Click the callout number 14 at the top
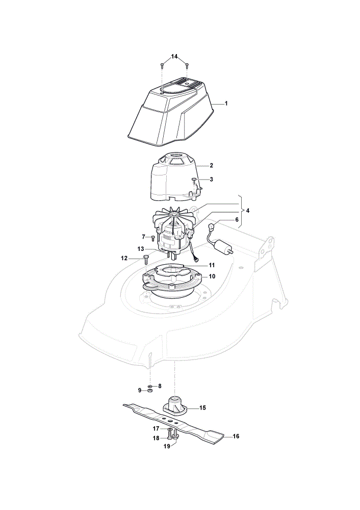coord(174,57)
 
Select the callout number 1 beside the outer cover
coord(226,104)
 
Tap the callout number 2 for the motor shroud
coord(212,166)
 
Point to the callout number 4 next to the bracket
coord(248,211)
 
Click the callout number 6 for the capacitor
coord(237,219)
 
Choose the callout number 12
coord(124,258)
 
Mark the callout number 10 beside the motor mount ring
coord(212,276)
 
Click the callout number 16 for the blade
coord(236,436)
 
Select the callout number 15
coord(202,407)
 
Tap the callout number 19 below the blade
coord(167,446)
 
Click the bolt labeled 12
coord(146,261)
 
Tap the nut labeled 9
coord(150,390)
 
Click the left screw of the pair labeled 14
coord(162,66)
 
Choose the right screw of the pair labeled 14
coord(187,66)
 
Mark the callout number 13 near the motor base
coord(141,249)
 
